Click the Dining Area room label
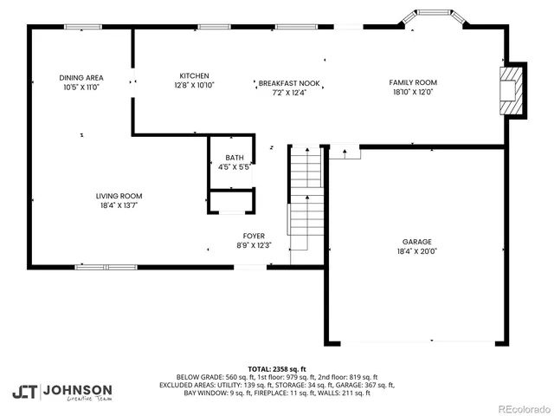81,77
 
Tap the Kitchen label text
194,75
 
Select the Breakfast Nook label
289,83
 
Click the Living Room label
119,196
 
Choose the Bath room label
234,157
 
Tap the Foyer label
254,235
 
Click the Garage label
416,242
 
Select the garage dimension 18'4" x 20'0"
416,252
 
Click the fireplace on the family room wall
512,90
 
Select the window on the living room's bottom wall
105,267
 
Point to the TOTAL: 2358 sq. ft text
277,368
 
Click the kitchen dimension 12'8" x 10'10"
194,85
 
